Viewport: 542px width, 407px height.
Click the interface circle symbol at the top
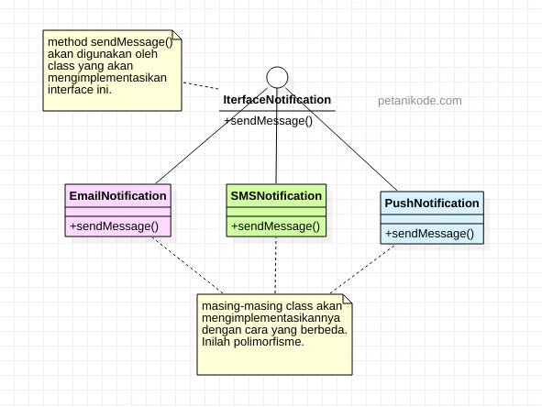tap(276, 78)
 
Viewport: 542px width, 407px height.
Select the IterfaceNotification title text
tap(276, 100)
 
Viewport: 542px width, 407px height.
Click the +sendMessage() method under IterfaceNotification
tap(269, 120)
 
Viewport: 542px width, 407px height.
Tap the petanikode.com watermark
tap(419, 101)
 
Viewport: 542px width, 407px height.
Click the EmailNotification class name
tap(117, 195)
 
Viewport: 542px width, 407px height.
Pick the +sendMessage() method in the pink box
tap(114, 225)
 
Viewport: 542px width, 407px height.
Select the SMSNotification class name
tap(276, 195)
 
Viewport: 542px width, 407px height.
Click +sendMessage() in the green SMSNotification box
tap(275, 225)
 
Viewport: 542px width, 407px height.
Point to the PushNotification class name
tap(432, 203)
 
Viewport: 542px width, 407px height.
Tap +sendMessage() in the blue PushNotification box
tap(429, 234)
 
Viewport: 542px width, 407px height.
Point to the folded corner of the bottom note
tap(347, 299)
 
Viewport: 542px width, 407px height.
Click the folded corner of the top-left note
tap(178, 37)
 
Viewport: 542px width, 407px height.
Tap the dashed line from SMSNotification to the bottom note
tap(276, 266)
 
